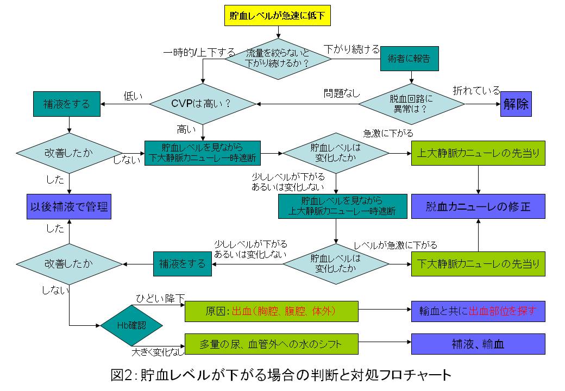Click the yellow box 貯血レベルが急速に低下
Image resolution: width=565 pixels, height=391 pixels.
point(278,16)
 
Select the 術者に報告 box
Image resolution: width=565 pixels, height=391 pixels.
point(409,59)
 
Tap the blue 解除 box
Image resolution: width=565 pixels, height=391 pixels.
point(516,104)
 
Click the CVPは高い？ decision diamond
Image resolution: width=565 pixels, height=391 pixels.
point(202,104)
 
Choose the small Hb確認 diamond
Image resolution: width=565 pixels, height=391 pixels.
point(131,326)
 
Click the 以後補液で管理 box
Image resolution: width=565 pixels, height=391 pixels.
point(69,206)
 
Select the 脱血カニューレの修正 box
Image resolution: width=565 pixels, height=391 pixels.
point(478,206)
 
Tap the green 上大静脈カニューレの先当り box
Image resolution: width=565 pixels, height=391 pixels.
point(478,153)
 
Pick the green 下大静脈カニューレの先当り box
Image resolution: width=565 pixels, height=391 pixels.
point(478,264)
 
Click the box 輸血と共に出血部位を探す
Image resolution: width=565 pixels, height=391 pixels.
point(478,311)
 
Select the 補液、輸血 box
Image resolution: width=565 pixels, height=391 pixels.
point(478,344)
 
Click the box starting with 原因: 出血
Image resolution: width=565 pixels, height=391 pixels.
point(272,311)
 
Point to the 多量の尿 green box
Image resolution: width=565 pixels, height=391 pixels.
point(272,344)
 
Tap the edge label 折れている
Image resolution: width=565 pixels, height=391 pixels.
point(476,91)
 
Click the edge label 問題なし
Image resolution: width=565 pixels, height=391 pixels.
point(342,93)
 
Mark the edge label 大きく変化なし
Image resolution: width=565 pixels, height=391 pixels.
point(158,351)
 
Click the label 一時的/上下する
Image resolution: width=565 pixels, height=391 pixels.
point(199,53)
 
